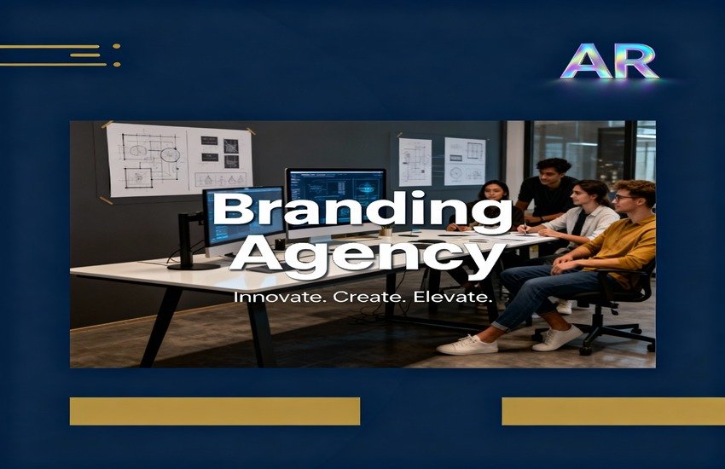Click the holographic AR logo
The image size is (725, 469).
pos(609,61)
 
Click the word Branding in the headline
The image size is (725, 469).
pos(362,211)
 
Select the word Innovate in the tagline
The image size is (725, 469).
pos(277,297)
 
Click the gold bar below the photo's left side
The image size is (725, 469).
pos(215,411)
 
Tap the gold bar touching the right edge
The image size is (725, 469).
pos(613,411)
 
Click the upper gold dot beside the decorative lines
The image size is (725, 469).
pos(117,46)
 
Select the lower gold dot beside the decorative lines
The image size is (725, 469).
pos(117,64)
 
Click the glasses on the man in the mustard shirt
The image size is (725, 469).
pos(623,198)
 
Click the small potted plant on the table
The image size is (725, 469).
pos(386,230)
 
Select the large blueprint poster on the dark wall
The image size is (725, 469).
pos(179,159)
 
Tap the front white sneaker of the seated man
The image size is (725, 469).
pos(467,345)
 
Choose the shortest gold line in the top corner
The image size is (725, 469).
pos(85,55)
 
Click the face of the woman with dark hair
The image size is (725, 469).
pos(494,192)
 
